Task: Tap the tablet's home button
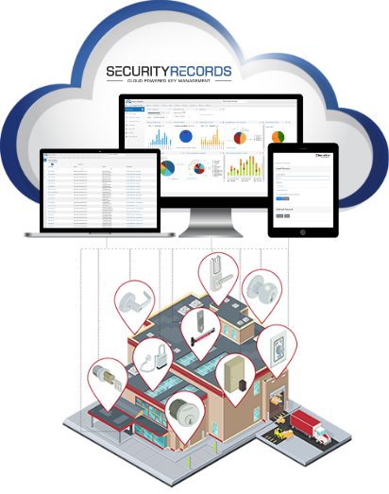pyautogui.click(x=303, y=230)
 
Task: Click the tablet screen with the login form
pyautogui.click(x=303, y=187)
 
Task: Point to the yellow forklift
pyautogui.click(x=281, y=434)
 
